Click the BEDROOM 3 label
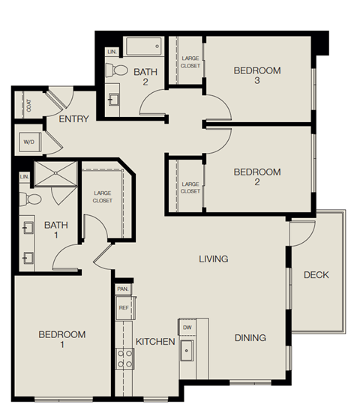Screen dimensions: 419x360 coord(256,76)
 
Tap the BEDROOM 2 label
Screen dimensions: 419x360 coord(256,177)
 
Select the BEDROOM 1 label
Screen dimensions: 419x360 coord(61,340)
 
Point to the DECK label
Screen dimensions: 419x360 coord(316,275)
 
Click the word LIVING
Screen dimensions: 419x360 coord(213,259)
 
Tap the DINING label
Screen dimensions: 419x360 coord(250,338)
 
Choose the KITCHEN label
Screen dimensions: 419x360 coord(155,342)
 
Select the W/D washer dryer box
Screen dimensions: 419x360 coord(29,142)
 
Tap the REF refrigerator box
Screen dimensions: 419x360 coord(123,307)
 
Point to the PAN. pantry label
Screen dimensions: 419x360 coord(123,289)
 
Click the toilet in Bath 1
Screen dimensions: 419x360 coord(30,199)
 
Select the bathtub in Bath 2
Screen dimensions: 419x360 coord(144,46)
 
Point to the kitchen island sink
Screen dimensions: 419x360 coord(187,352)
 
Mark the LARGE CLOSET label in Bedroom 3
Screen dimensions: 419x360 coord(190,61)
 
